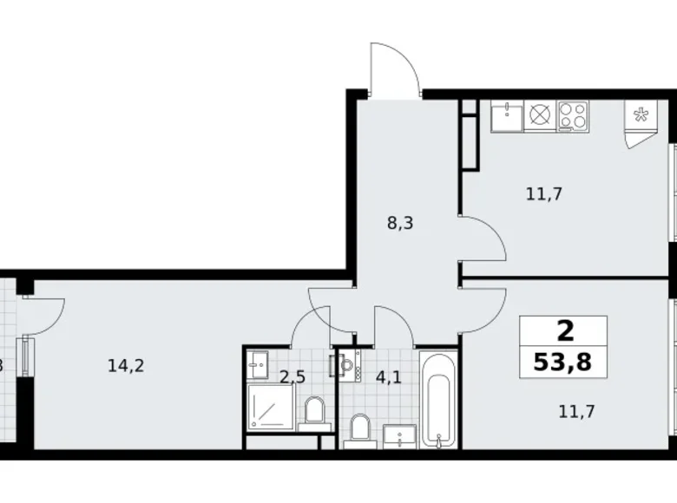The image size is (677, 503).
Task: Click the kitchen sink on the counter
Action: point(507,115)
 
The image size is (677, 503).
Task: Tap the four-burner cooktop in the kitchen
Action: point(572,115)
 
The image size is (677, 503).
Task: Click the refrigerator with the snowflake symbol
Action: point(642,119)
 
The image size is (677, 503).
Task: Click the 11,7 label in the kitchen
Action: point(544,194)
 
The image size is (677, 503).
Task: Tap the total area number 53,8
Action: point(562,361)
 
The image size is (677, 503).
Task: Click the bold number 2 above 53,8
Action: point(563,330)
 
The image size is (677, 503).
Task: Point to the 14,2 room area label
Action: point(125,366)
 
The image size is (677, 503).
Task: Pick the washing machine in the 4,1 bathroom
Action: point(350,366)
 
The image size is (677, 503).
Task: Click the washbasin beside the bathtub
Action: point(401,434)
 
